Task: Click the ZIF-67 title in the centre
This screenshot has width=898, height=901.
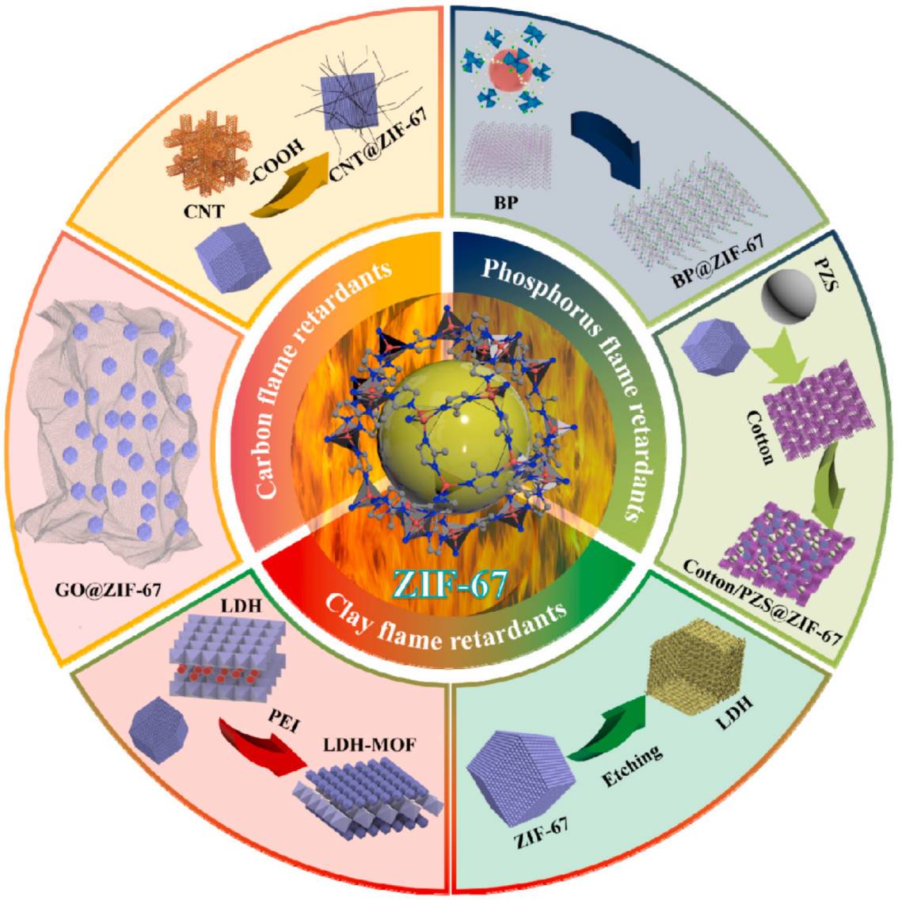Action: [449, 584]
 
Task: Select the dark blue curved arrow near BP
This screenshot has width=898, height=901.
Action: [607, 146]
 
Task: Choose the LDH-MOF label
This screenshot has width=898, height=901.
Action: [369, 745]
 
